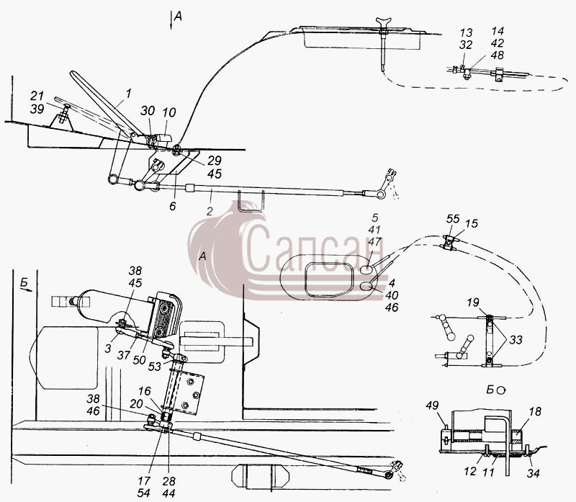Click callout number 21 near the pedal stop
(37, 97)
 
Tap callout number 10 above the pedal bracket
(169, 112)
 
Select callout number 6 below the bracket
(173, 206)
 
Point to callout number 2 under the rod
(210, 211)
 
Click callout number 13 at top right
(465, 32)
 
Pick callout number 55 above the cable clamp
(453, 219)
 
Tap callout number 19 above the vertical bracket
(473, 302)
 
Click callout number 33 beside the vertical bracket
(516, 339)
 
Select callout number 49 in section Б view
(432, 405)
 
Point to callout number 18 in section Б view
(535, 411)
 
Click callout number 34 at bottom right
(533, 473)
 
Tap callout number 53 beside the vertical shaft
(155, 367)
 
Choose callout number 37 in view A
(124, 355)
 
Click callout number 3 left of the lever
(107, 349)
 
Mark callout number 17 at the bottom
(144, 480)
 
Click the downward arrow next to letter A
(171, 20)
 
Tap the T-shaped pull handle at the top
(384, 23)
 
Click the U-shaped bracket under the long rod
(251, 202)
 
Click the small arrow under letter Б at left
(27, 290)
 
